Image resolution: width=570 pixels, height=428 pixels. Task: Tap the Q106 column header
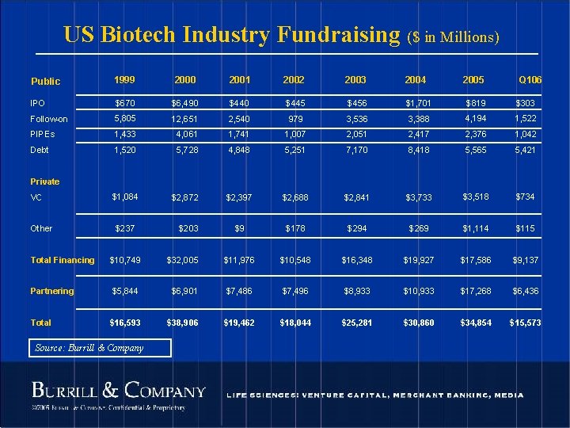(x=530, y=81)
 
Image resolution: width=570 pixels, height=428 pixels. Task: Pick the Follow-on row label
(x=49, y=119)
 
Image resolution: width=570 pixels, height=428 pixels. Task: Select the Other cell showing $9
(x=238, y=228)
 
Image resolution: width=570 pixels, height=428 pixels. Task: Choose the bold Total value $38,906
(x=183, y=323)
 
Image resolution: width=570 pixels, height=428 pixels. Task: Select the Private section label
(x=45, y=182)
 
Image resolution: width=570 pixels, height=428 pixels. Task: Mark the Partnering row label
(x=52, y=291)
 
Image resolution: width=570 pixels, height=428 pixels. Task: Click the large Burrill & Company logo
(x=118, y=391)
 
